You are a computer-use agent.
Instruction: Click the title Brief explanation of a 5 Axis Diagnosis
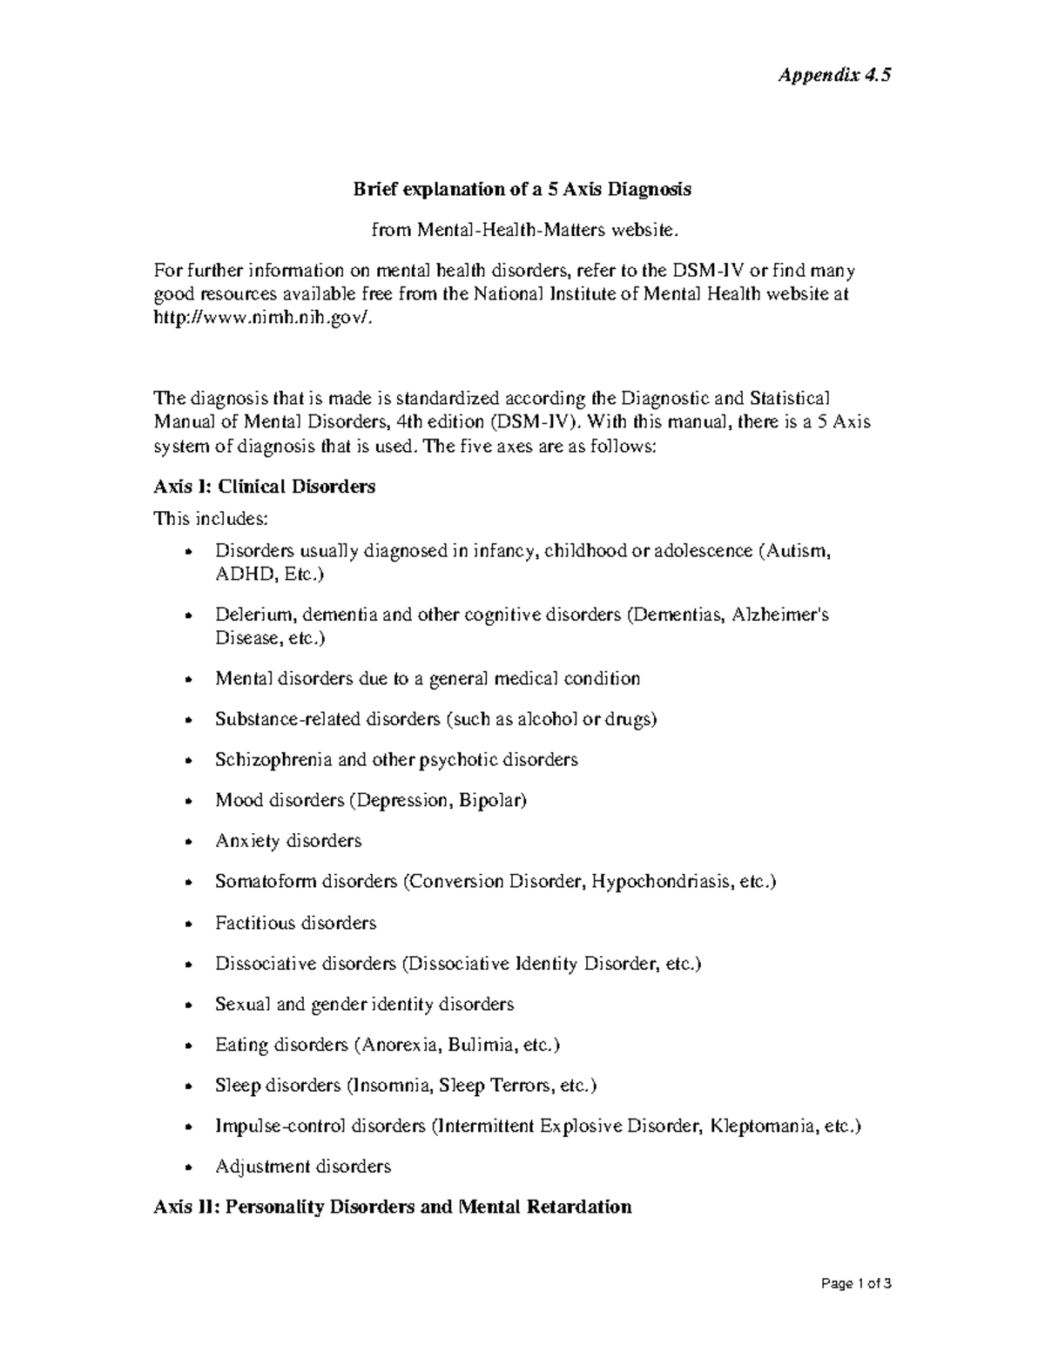pos(521,189)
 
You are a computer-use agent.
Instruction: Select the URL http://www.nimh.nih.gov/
pos(267,319)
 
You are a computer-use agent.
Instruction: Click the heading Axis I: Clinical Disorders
pos(264,487)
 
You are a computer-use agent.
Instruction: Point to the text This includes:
pos(211,519)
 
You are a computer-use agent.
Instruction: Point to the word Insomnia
pos(390,1086)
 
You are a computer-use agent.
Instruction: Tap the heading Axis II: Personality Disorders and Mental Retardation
pos(392,1207)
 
